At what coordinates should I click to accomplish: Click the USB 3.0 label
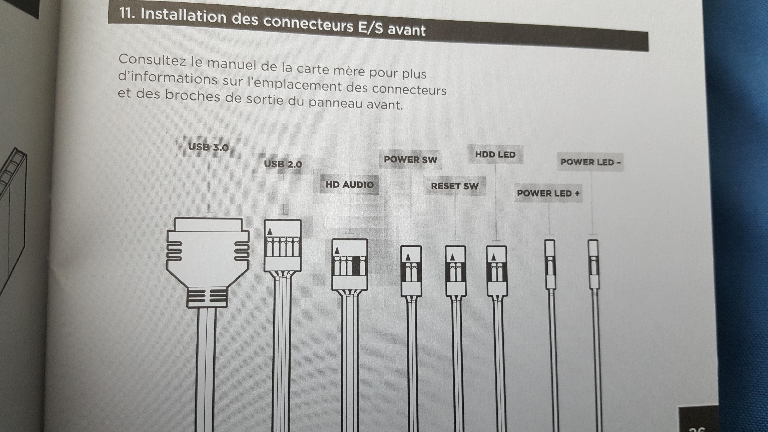[208, 147]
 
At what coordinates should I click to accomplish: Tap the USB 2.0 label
[283, 164]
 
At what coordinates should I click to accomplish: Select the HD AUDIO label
[349, 185]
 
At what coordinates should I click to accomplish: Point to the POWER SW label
[410, 160]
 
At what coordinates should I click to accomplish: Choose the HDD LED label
[495, 154]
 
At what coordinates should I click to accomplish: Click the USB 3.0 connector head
[208, 262]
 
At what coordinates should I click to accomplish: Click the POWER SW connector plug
[411, 271]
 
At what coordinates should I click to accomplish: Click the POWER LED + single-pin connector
[550, 264]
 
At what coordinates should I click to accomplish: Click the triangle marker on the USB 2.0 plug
[270, 231]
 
